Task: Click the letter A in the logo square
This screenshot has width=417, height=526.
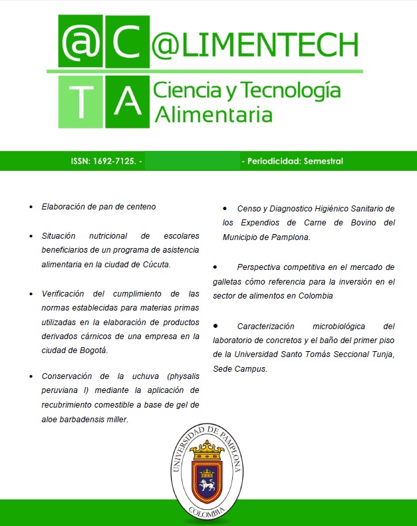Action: point(125,99)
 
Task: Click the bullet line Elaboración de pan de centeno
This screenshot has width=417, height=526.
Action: point(98,207)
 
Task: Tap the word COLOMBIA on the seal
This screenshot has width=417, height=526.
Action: point(208,514)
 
